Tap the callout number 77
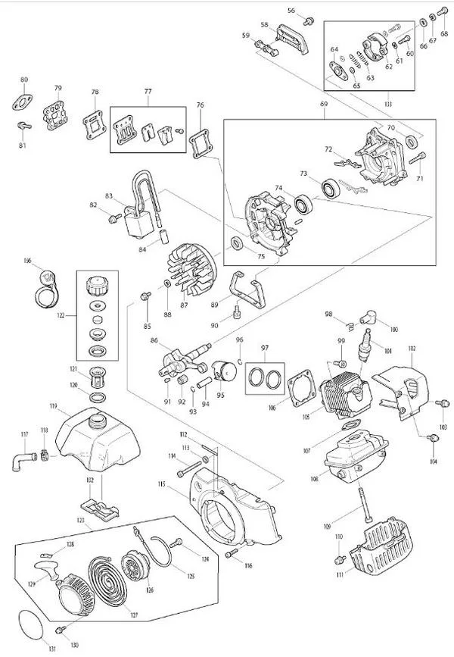tap(148, 93)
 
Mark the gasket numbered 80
tap(24, 101)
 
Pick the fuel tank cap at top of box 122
tap(96, 286)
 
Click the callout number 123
tap(81, 521)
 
